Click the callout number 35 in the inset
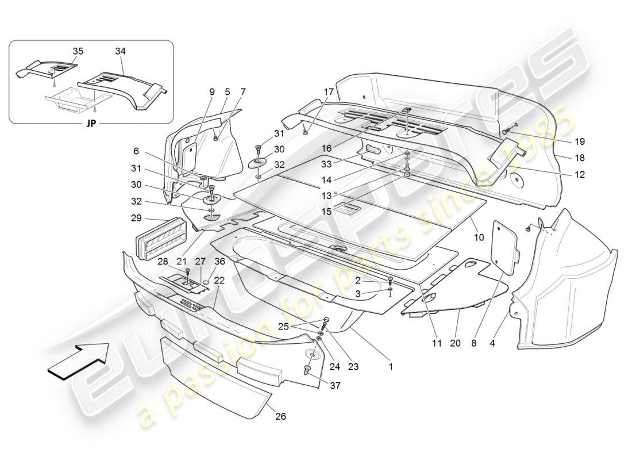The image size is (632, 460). pyautogui.click(x=78, y=51)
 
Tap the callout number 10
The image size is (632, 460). pyautogui.click(x=479, y=236)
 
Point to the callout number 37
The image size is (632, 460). pyautogui.click(x=336, y=386)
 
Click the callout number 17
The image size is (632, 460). pyautogui.click(x=328, y=91)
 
